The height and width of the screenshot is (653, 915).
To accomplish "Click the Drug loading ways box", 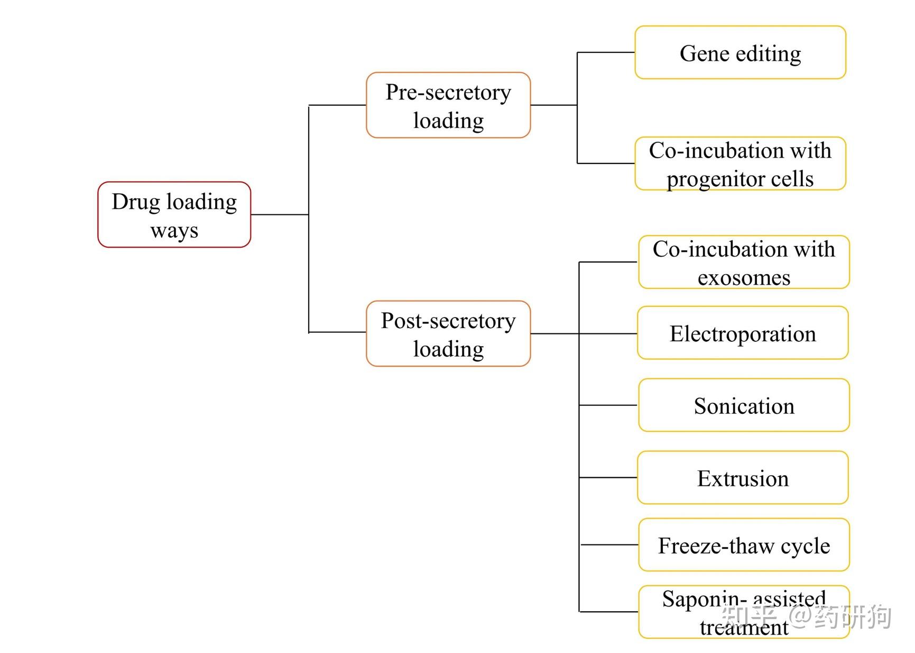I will tap(174, 214).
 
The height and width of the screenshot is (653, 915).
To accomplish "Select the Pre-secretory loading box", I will tap(448, 105).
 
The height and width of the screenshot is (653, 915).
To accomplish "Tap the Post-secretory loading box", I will tap(448, 333).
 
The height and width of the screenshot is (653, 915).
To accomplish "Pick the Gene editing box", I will tap(740, 52).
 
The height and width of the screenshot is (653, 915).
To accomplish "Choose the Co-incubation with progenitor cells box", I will tap(740, 164).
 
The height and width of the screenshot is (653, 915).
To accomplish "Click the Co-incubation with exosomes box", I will tap(743, 262).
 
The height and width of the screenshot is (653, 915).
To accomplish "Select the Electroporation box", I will tap(742, 333).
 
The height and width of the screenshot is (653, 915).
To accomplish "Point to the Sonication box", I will tap(743, 405).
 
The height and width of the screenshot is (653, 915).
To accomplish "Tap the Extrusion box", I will tap(742, 477).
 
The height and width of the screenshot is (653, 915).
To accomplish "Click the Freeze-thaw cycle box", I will tap(743, 545).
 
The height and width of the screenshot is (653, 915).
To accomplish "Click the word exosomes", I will tap(743, 277).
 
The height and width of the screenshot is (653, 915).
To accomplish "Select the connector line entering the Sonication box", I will tap(608, 405).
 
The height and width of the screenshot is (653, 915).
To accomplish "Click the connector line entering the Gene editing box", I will tap(606, 52).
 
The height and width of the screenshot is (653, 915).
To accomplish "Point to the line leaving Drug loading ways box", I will tap(279, 215).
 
